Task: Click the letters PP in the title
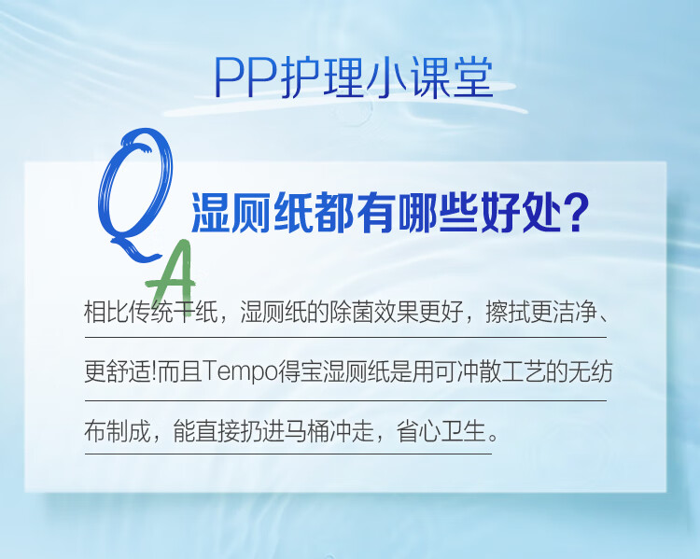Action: (x=245, y=77)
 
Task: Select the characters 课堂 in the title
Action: (x=452, y=77)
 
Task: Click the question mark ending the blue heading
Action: (x=576, y=213)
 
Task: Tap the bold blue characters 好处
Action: (x=522, y=213)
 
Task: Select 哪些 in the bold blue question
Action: (x=439, y=213)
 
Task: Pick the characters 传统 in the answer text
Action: (x=150, y=311)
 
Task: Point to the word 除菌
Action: (x=351, y=311)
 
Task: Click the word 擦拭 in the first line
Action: (x=508, y=311)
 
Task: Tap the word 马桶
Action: (x=307, y=431)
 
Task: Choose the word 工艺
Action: (x=524, y=372)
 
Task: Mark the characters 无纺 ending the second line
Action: (x=590, y=372)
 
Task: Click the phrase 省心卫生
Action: (x=441, y=431)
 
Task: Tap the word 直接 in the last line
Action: (x=217, y=431)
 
